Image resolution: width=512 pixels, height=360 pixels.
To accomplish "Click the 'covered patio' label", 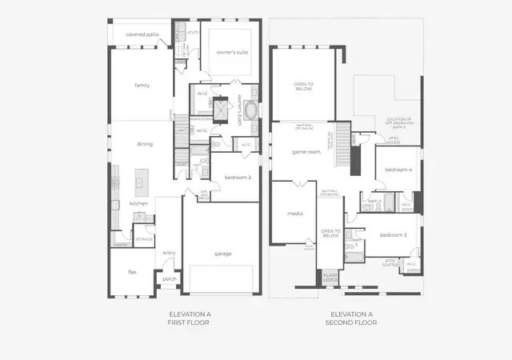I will pyautogui.click(x=142, y=34).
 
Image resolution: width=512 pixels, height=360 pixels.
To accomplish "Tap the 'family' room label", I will pyautogui.click(x=142, y=85).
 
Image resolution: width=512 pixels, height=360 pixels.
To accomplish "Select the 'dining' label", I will pyautogui.click(x=144, y=144).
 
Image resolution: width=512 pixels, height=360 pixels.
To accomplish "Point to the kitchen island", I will pyautogui.click(x=140, y=182).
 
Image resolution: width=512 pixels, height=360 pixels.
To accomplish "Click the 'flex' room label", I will pyautogui.click(x=132, y=272).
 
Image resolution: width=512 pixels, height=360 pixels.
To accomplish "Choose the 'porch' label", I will pyautogui.click(x=170, y=279).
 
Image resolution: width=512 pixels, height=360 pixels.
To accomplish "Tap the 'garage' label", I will pyautogui.click(x=222, y=254).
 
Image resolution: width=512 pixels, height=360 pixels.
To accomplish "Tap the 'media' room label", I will pyautogui.click(x=293, y=214).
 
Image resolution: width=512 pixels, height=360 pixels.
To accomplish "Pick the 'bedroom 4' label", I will pyautogui.click(x=398, y=170).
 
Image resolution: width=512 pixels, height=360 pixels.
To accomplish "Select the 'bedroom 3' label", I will pyautogui.click(x=393, y=234).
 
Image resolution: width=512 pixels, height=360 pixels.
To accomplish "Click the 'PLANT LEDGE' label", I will pyautogui.click(x=330, y=277).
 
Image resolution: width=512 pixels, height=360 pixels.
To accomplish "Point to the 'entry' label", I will pyautogui.click(x=169, y=253).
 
